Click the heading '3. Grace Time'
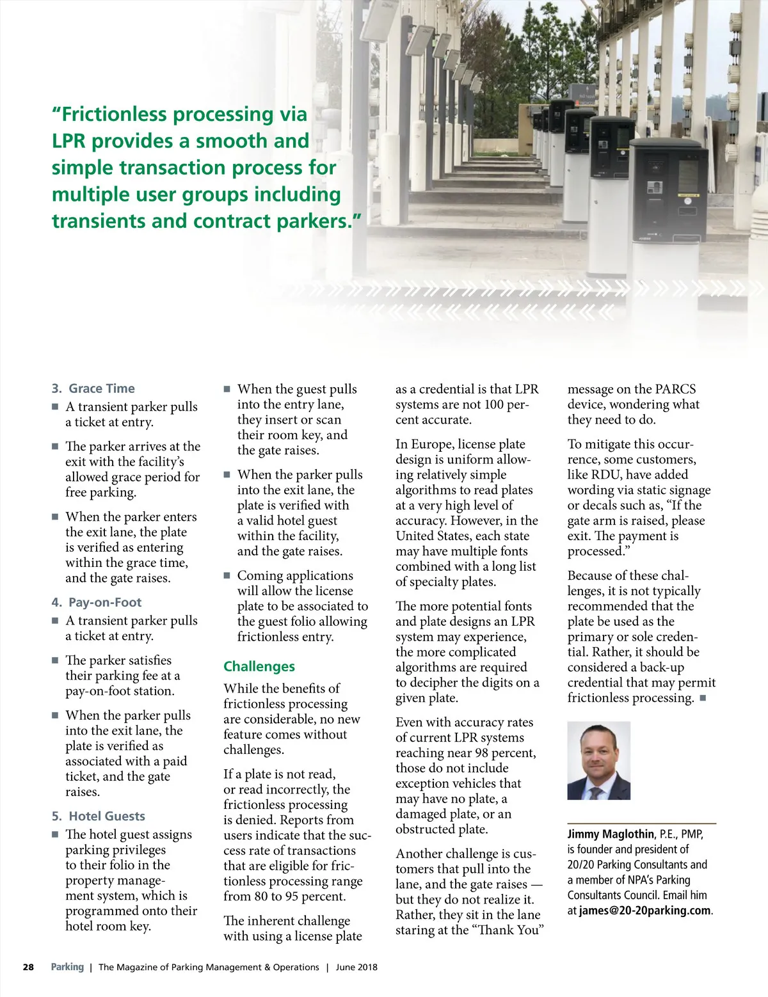click(x=93, y=388)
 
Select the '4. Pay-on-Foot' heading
click(x=97, y=602)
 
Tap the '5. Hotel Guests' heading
click(x=99, y=816)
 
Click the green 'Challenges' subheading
click(x=259, y=666)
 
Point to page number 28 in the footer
click(x=28, y=967)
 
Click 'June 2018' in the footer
click(x=356, y=967)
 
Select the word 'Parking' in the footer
click(x=67, y=967)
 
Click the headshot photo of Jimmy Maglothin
click(x=599, y=761)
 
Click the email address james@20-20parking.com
click(x=645, y=911)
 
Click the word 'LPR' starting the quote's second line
click(x=72, y=141)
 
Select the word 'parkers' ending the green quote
click(x=312, y=221)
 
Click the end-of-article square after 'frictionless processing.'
click(x=703, y=698)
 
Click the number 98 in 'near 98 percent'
click(x=483, y=753)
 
